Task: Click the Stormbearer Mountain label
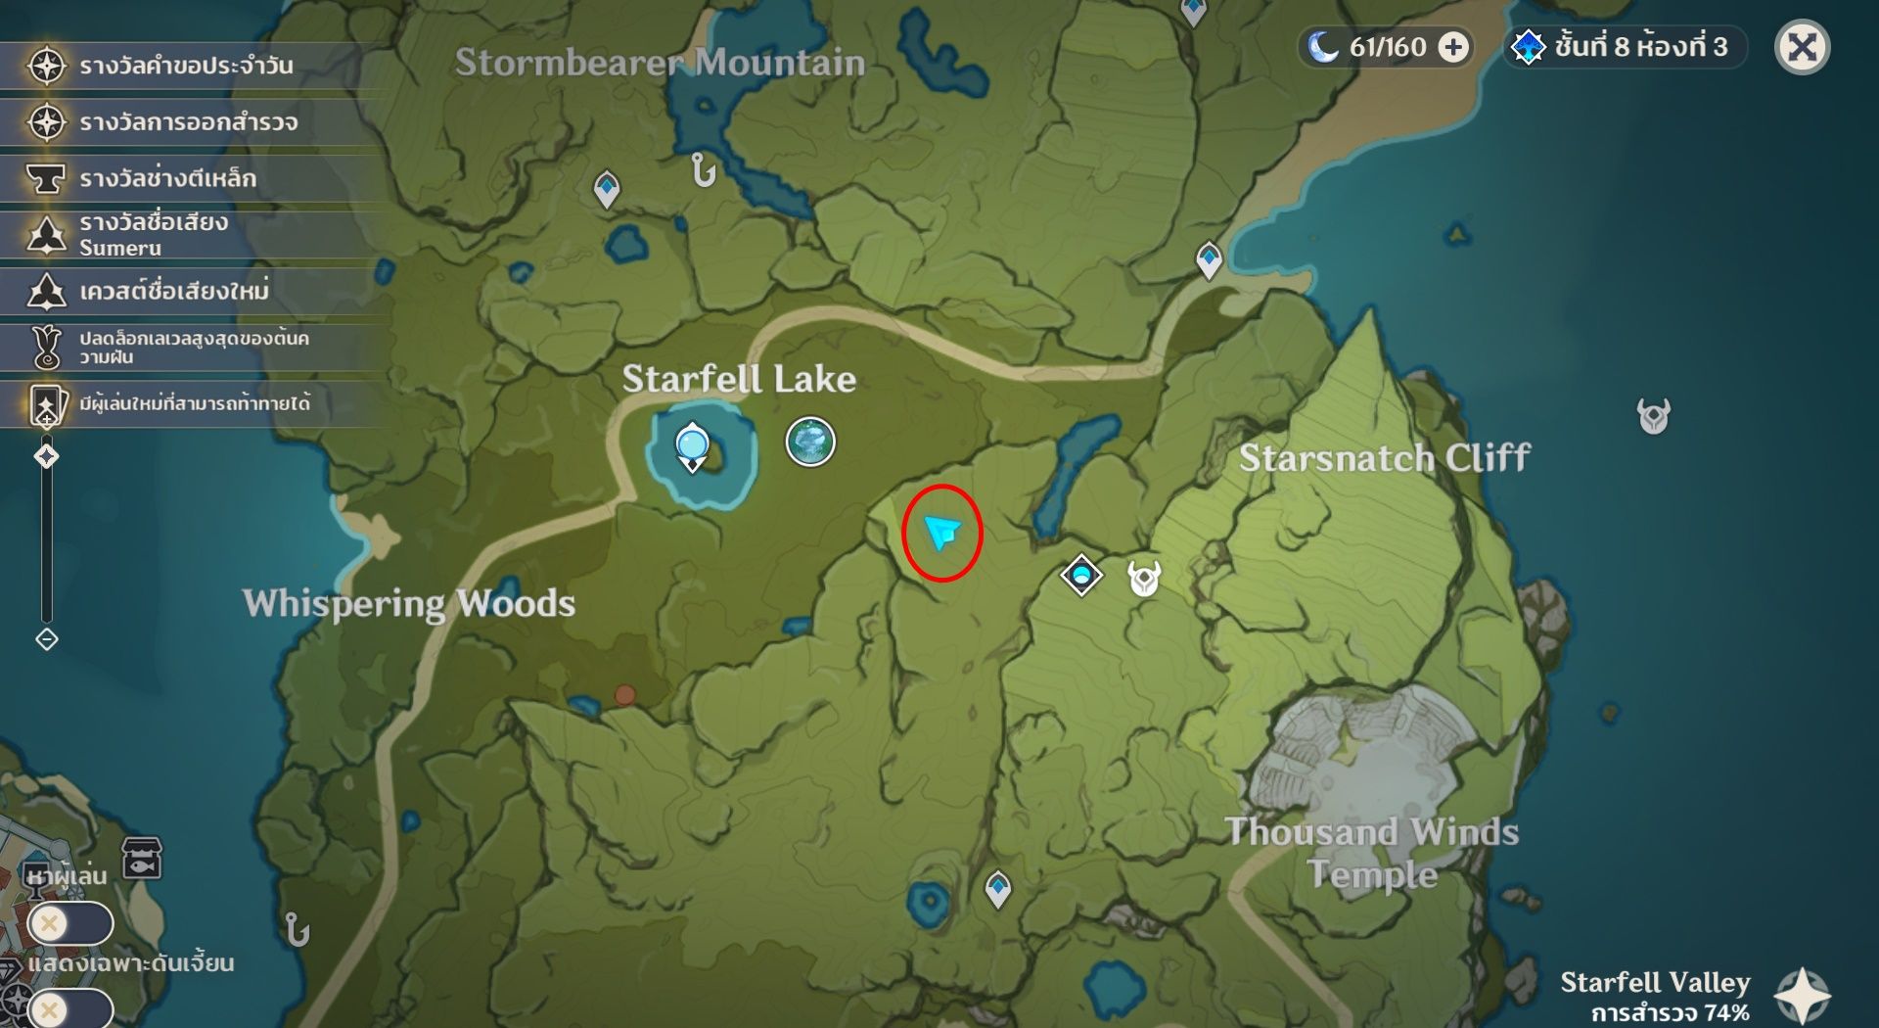click(660, 63)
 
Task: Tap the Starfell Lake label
click(739, 379)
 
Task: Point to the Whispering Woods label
click(409, 603)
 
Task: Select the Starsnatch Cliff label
click(1384, 457)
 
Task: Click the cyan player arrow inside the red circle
click(941, 533)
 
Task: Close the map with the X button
click(1802, 47)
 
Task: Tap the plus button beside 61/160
click(1454, 47)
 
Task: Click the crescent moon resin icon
click(1323, 46)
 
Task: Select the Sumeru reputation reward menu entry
click(154, 234)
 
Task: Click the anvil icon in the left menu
click(46, 178)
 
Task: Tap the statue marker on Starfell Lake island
click(693, 446)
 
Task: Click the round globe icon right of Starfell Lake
click(810, 442)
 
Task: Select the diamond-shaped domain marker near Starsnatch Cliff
click(1081, 575)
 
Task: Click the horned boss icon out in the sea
click(1653, 416)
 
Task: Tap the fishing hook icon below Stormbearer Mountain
click(703, 170)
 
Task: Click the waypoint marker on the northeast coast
click(1210, 259)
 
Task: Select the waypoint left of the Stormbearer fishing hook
click(607, 188)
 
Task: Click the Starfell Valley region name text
click(1655, 982)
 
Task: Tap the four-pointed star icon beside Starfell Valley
click(1802, 996)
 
